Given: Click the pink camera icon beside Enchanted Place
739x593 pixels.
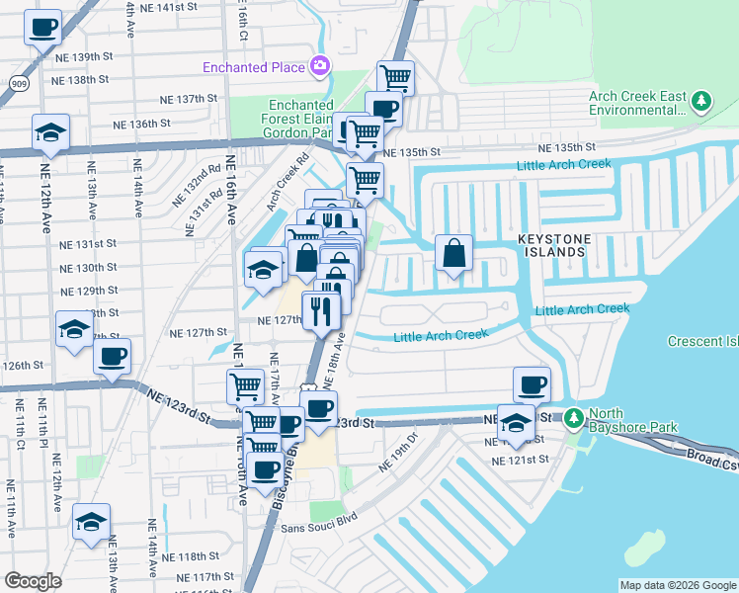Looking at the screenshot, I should (318, 66).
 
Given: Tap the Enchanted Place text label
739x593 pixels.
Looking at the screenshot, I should (254, 67).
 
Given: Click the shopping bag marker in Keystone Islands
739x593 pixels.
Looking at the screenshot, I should (453, 253).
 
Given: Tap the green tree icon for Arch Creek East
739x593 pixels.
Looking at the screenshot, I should (700, 101).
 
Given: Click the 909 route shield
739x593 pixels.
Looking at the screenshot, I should (19, 84).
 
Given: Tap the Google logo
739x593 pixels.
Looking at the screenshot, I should (34, 581).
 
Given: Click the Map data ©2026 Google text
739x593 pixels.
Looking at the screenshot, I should (678, 585).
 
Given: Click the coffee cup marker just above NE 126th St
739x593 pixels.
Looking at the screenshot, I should (112, 357).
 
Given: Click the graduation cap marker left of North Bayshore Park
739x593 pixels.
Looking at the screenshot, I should (516, 425).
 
